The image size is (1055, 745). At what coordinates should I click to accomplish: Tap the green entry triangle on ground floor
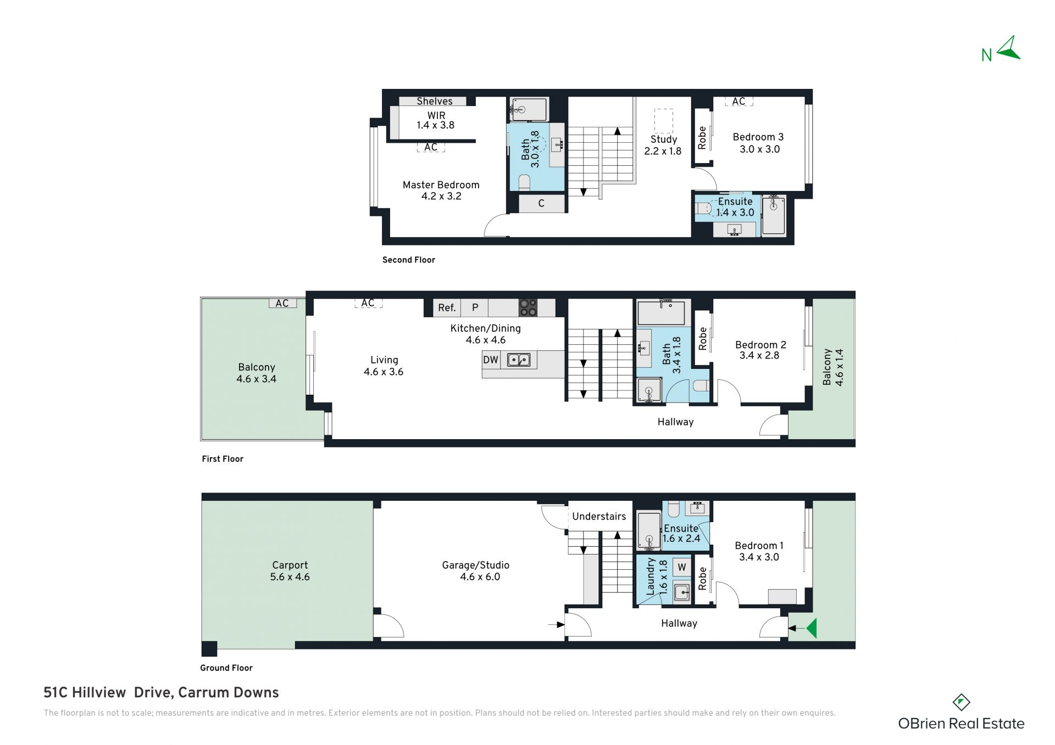pyautogui.click(x=812, y=628)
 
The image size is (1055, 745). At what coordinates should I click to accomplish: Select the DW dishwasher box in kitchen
pyautogui.click(x=491, y=360)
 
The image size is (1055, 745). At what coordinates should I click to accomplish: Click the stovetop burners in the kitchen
pyautogui.click(x=528, y=307)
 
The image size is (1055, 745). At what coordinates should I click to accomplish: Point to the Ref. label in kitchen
pyautogui.click(x=447, y=308)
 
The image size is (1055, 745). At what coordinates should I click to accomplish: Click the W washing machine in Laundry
pyautogui.click(x=682, y=567)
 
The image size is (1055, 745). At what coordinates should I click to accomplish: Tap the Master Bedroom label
pyautogui.click(x=441, y=185)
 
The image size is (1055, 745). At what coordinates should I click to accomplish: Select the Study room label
pyautogui.click(x=663, y=139)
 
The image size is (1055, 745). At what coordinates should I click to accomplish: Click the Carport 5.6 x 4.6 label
pyautogui.click(x=290, y=571)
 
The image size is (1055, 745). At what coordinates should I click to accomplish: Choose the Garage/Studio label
pyautogui.click(x=476, y=565)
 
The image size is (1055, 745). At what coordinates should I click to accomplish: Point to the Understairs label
pyautogui.click(x=599, y=516)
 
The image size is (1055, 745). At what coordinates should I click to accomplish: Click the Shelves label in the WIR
pyautogui.click(x=434, y=101)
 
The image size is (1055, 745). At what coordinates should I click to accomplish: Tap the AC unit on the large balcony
pyautogui.click(x=282, y=303)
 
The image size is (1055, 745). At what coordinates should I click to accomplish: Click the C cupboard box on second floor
pyautogui.click(x=541, y=204)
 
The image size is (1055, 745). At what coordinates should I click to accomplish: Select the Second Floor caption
pyautogui.click(x=408, y=260)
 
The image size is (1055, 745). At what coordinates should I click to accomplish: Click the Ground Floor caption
pyautogui.click(x=226, y=668)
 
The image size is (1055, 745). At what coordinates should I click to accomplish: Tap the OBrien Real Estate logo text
pyautogui.click(x=961, y=724)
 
